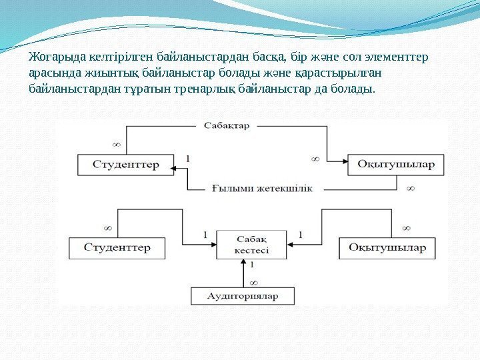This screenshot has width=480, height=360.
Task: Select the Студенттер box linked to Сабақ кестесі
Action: point(117,248)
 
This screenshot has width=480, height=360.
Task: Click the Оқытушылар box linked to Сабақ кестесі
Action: point(387,248)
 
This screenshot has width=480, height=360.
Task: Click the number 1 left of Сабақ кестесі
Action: point(205,235)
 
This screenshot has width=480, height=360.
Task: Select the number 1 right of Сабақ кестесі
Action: point(300,235)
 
